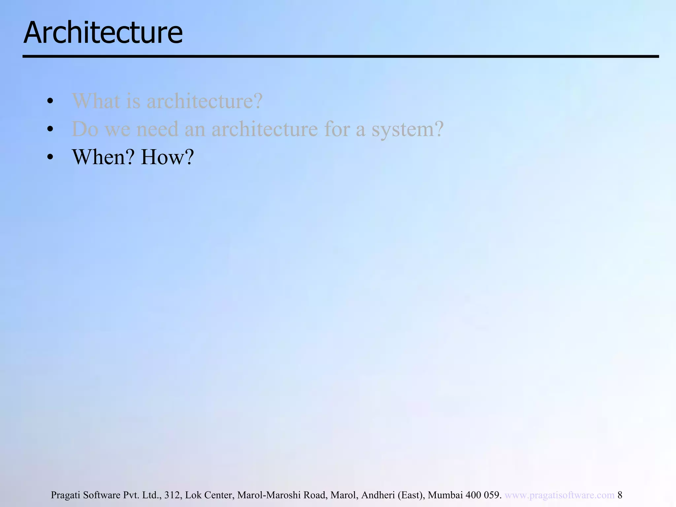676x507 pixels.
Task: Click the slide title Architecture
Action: pyautogui.click(x=103, y=33)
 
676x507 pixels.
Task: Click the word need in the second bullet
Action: pyautogui.click(x=157, y=129)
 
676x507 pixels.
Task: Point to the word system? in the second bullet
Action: pyautogui.click(x=407, y=130)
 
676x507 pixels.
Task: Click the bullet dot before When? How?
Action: pyautogui.click(x=50, y=157)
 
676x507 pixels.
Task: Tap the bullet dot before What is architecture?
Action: pyautogui.click(x=50, y=101)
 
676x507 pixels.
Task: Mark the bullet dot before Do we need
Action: pyautogui.click(x=50, y=129)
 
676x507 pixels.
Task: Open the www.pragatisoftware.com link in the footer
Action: pyautogui.click(x=559, y=495)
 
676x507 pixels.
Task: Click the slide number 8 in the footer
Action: pyautogui.click(x=620, y=495)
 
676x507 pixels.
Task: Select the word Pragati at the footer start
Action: pyautogui.click(x=65, y=495)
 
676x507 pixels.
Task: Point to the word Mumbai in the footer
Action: pyautogui.click(x=445, y=495)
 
